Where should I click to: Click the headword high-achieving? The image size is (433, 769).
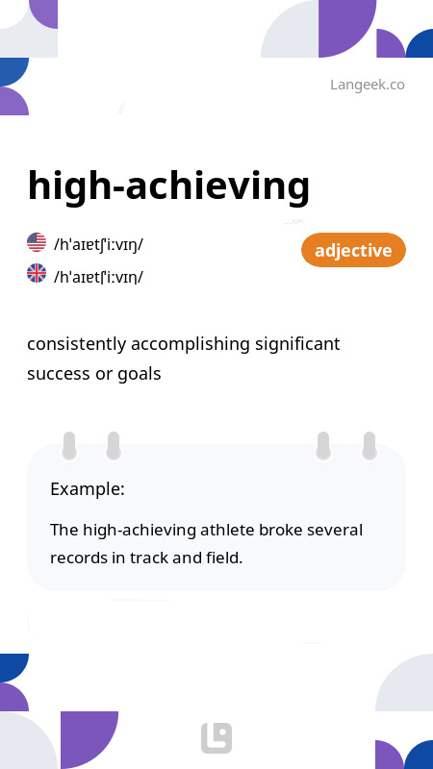coord(168,186)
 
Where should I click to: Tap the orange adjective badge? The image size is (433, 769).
coord(353,251)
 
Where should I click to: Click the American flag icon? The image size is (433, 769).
coord(37,242)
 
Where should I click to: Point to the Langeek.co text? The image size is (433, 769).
coord(367,85)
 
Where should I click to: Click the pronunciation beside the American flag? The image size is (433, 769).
coord(99,244)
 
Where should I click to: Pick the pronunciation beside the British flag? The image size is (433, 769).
coord(99,277)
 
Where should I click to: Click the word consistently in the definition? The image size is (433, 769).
coord(73,344)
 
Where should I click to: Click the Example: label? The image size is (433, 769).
coord(88,489)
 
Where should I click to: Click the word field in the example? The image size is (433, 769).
coord(220,557)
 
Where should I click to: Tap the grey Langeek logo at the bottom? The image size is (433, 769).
coord(216,738)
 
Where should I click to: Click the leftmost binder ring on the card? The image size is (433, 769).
coord(69,446)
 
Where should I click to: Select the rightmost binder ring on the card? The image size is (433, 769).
coord(369,446)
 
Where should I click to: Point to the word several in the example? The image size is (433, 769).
coord(333,530)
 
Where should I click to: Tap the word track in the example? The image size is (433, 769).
coord(146,557)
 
